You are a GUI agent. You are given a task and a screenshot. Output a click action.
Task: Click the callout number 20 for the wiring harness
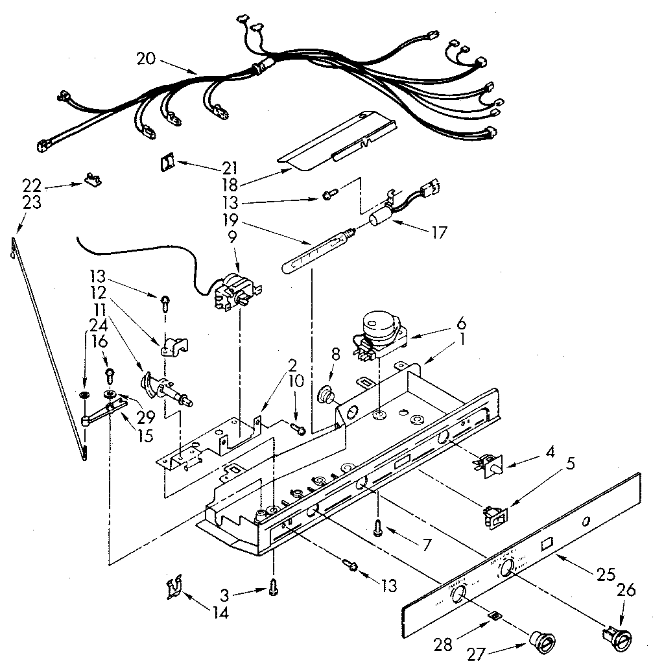click(146, 58)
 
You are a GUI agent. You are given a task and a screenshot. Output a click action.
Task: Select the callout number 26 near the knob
click(626, 590)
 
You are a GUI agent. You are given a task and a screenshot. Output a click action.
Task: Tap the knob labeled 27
click(541, 643)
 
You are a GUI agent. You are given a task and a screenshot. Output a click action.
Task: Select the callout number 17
click(439, 231)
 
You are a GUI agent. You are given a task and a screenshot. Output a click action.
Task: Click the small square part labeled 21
click(167, 161)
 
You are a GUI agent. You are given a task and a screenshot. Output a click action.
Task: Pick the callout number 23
click(32, 202)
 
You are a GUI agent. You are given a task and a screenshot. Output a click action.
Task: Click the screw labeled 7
click(377, 530)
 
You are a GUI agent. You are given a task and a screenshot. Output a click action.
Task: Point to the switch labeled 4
click(491, 463)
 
